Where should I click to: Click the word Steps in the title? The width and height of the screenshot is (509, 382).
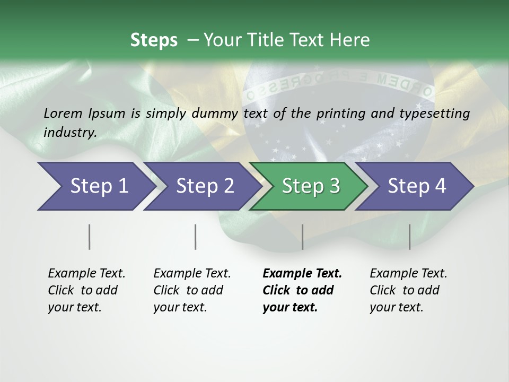[x=154, y=40]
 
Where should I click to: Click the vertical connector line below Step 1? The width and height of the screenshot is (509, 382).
[x=89, y=237]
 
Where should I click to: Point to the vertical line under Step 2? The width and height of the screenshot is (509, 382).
[x=196, y=237]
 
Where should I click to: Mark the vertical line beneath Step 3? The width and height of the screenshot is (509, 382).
[x=302, y=237]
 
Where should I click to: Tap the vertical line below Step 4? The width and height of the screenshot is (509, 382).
[x=409, y=237]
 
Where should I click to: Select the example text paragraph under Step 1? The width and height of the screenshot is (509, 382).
[x=86, y=290]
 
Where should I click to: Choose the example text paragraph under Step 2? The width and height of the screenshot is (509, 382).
[x=192, y=290]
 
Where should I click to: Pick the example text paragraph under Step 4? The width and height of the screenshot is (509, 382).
[x=408, y=290]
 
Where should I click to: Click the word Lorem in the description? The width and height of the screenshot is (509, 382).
[x=63, y=113]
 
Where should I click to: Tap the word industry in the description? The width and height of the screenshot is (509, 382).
[x=70, y=132]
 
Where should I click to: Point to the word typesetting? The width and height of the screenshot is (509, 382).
[x=438, y=113]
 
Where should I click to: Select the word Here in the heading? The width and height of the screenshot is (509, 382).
[x=350, y=40]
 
